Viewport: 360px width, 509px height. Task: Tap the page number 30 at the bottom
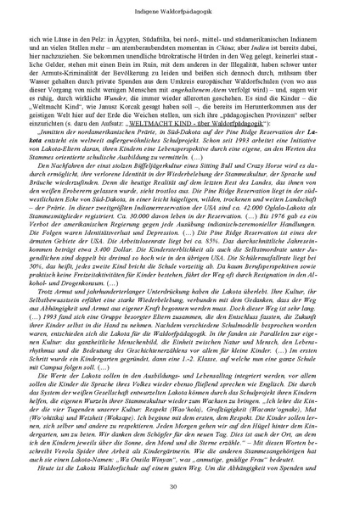(x=179, y=486)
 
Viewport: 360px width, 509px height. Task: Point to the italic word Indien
(x=266, y=48)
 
